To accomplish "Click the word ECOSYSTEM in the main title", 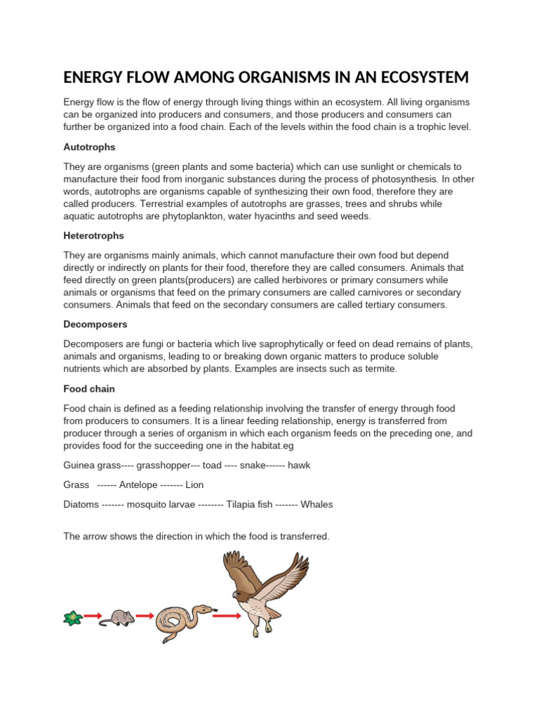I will [413, 77].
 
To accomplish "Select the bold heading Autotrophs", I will [89, 147].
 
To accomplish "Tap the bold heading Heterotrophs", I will [94, 236].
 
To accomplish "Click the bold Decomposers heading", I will [95, 325].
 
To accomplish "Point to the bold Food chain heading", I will [89, 388].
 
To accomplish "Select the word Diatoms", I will [81, 504].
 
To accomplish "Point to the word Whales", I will [317, 504].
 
